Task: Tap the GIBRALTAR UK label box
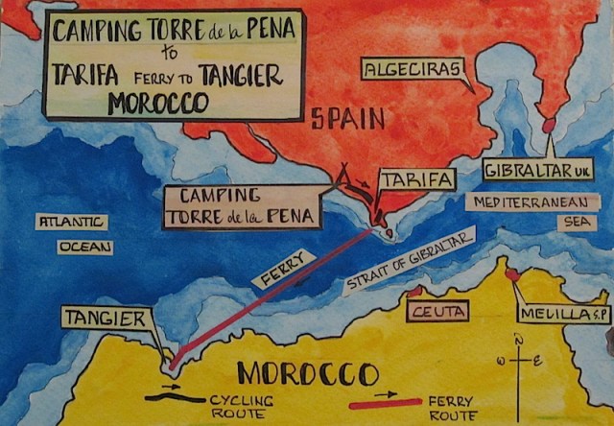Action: coord(539,170)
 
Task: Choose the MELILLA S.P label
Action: coord(556,315)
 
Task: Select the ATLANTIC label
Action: coord(72,223)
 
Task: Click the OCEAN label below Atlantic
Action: coord(84,247)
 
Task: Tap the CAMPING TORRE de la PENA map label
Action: coord(241,206)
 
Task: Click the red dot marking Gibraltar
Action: coord(550,125)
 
